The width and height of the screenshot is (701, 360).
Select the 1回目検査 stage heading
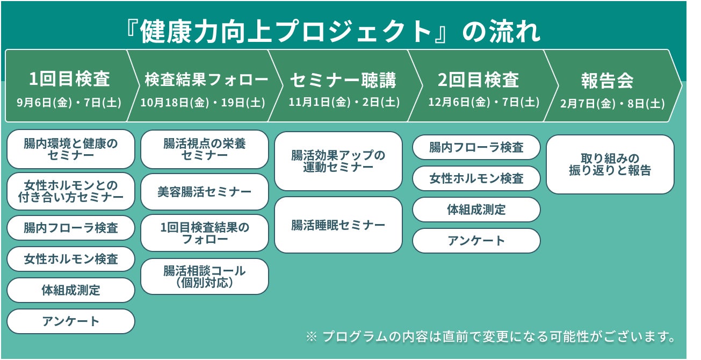tap(69, 80)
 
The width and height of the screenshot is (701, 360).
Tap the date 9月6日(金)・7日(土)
tap(69, 102)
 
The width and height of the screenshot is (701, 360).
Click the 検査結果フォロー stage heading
tap(206, 80)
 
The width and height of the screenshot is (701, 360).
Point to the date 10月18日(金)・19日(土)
tap(203, 103)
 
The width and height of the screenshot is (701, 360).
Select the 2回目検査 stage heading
tap(478, 80)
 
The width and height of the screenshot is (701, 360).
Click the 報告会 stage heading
tap(607, 81)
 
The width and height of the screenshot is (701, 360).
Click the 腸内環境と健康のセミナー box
tap(70, 149)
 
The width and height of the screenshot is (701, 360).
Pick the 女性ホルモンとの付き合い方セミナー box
tap(70, 191)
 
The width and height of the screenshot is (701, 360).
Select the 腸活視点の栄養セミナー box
tap(204, 149)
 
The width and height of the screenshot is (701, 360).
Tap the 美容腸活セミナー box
tap(204, 192)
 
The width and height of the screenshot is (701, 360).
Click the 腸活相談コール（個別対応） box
tap(204, 277)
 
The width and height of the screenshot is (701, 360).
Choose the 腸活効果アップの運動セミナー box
tap(338, 161)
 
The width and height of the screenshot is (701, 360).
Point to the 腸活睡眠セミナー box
tap(338, 225)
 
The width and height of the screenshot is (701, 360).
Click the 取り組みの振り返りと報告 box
tap(610, 164)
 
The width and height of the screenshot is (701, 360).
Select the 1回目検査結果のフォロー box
tap(204, 233)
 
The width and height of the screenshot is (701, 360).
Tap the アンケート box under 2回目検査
tap(476, 241)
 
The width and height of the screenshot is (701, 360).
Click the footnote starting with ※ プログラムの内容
tap(490, 337)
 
